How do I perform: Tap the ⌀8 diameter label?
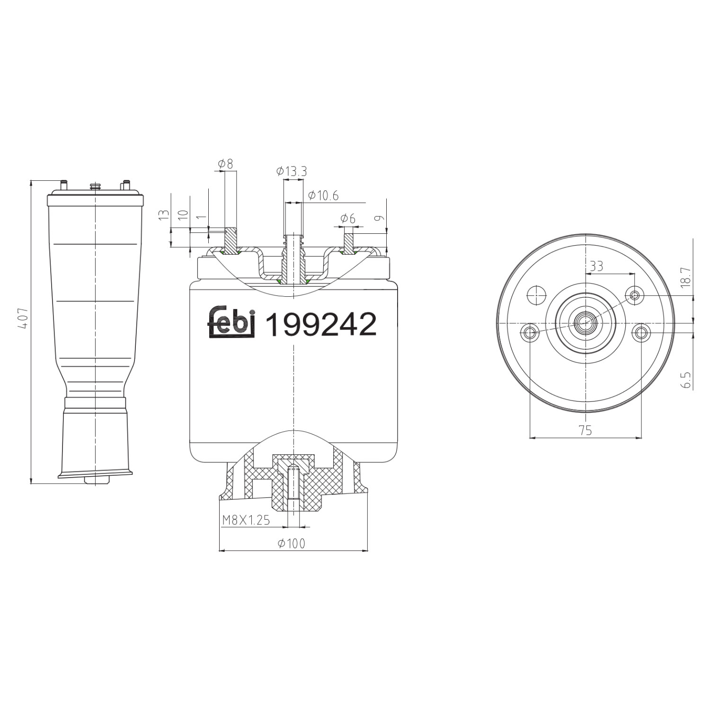pos(226,164)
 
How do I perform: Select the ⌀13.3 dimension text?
pos(291,171)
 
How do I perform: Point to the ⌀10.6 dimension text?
pos(323,195)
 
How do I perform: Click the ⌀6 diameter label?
pos(348,218)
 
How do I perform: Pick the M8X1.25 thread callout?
pos(246,520)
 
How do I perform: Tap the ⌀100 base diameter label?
pos(292,543)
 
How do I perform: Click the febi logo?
pos(232,323)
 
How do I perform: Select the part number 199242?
pos(321,325)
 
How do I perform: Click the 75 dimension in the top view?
pos(586,430)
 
